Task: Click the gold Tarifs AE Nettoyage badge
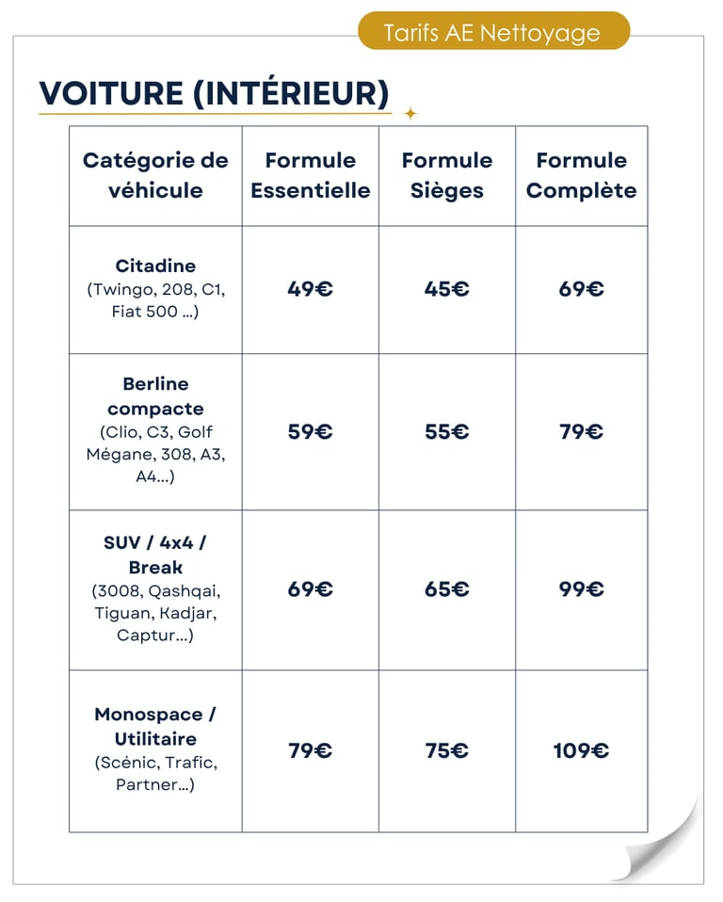(x=492, y=33)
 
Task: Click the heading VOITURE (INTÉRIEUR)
(x=214, y=93)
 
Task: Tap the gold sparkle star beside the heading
(x=410, y=114)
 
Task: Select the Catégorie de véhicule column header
(x=155, y=175)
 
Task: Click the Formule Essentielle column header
(x=310, y=175)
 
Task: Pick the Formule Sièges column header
(x=446, y=175)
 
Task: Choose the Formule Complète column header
(x=581, y=175)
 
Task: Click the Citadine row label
(x=155, y=266)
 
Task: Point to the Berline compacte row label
(x=155, y=396)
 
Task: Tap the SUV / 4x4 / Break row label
(x=155, y=555)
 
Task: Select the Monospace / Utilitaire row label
(x=155, y=726)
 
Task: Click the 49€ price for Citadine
(x=310, y=289)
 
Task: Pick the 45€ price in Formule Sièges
(x=446, y=289)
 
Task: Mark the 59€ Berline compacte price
(x=310, y=432)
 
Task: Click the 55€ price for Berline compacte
(x=446, y=432)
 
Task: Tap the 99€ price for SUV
(x=581, y=589)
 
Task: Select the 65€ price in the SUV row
(x=446, y=589)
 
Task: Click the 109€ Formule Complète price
(x=581, y=750)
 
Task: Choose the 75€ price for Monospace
(x=446, y=750)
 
